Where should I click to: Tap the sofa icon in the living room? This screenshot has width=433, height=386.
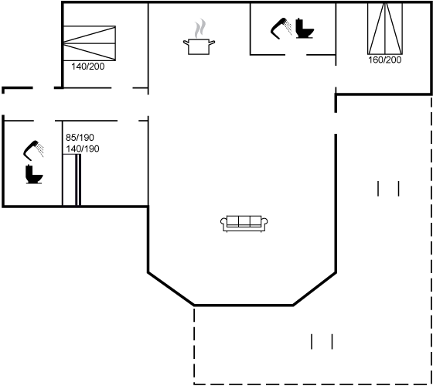(x=244, y=224)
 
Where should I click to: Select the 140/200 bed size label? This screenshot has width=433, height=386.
(x=88, y=67)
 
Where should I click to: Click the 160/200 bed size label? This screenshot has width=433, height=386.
(x=385, y=60)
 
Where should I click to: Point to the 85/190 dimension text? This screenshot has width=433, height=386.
(x=80, y=138)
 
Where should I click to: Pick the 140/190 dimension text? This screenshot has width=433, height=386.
(x=83, y=149)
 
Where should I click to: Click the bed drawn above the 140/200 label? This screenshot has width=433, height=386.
(x=89, y=43)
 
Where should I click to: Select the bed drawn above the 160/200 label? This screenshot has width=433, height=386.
(x=385, y=29)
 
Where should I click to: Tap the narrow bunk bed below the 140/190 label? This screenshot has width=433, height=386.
(x=71, y=180)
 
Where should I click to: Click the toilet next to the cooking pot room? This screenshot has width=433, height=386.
(x=305, y=28)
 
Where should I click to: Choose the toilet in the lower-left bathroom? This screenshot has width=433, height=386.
(x=34, y=174)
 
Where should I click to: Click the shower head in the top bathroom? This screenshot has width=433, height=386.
(x=281, y=29)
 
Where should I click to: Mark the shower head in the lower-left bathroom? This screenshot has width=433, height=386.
(x=34, y=151)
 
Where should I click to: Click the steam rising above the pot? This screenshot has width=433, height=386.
(x=200, y=28)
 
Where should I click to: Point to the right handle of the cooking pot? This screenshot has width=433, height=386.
(x=212, y=43)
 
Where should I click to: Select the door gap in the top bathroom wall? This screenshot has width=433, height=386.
(x=295, y=55)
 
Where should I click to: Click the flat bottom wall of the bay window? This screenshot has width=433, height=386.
(x=244, y=305)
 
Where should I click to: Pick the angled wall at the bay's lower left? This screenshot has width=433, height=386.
(x=171, y=289)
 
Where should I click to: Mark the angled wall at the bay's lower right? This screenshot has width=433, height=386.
(x=315, y=289)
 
